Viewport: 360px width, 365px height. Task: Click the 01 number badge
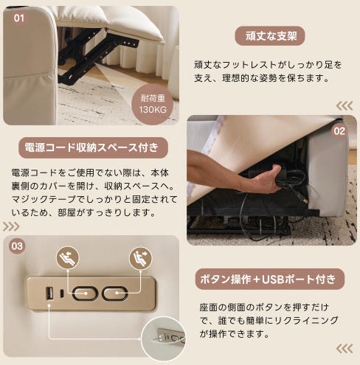pyautogui.click(x=19, y=18)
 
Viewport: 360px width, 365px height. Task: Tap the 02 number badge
pyautogui.click(x=339, y=131)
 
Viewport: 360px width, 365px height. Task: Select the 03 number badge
pyautogui.click(x=17, y=246)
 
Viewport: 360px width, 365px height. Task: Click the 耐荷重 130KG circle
pyautogui.click(x=153, y=104)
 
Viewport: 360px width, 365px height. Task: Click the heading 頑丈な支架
pyautogui.click(x=270, y=36)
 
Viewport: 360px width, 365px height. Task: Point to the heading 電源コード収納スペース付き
pyautogui.click(x=93, y=147)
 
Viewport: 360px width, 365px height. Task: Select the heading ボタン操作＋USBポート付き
pyautogui.click(x=270, y=279)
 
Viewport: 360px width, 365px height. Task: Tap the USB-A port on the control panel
pyautogui.click(x=49, y=293)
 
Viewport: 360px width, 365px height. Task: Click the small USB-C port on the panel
pyautogui.click(x=62, y=293)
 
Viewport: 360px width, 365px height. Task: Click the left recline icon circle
pyautogui.click(x=68, y=258)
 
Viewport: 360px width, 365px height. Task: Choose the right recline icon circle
pyautogui.click(x=141, y=258)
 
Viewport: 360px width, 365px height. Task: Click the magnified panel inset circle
pyautogui.click(x=164, y=339)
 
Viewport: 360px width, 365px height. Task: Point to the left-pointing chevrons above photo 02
pyautogui.click(x=345, y=106)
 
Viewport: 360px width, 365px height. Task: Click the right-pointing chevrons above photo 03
pyautogui.click(x=11, y=226)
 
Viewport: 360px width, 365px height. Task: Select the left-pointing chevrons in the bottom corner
pyautogui.click(x=345, y=349)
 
